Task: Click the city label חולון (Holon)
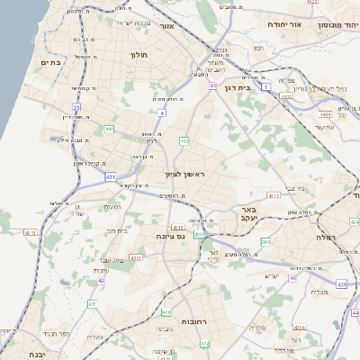point(139,55)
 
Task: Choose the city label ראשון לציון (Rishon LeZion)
point(184,173)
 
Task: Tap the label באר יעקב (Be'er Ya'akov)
point(249,213)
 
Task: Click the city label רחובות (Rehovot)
point(195,320)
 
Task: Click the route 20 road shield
point(77,107)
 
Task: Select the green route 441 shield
point(109,130)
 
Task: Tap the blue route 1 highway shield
point(266,86)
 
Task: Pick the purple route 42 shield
point(102,280)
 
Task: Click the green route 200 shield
point(265,241)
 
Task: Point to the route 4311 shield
point(31,233)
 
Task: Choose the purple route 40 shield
point(292,277)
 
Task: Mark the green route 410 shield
point(166,312)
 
